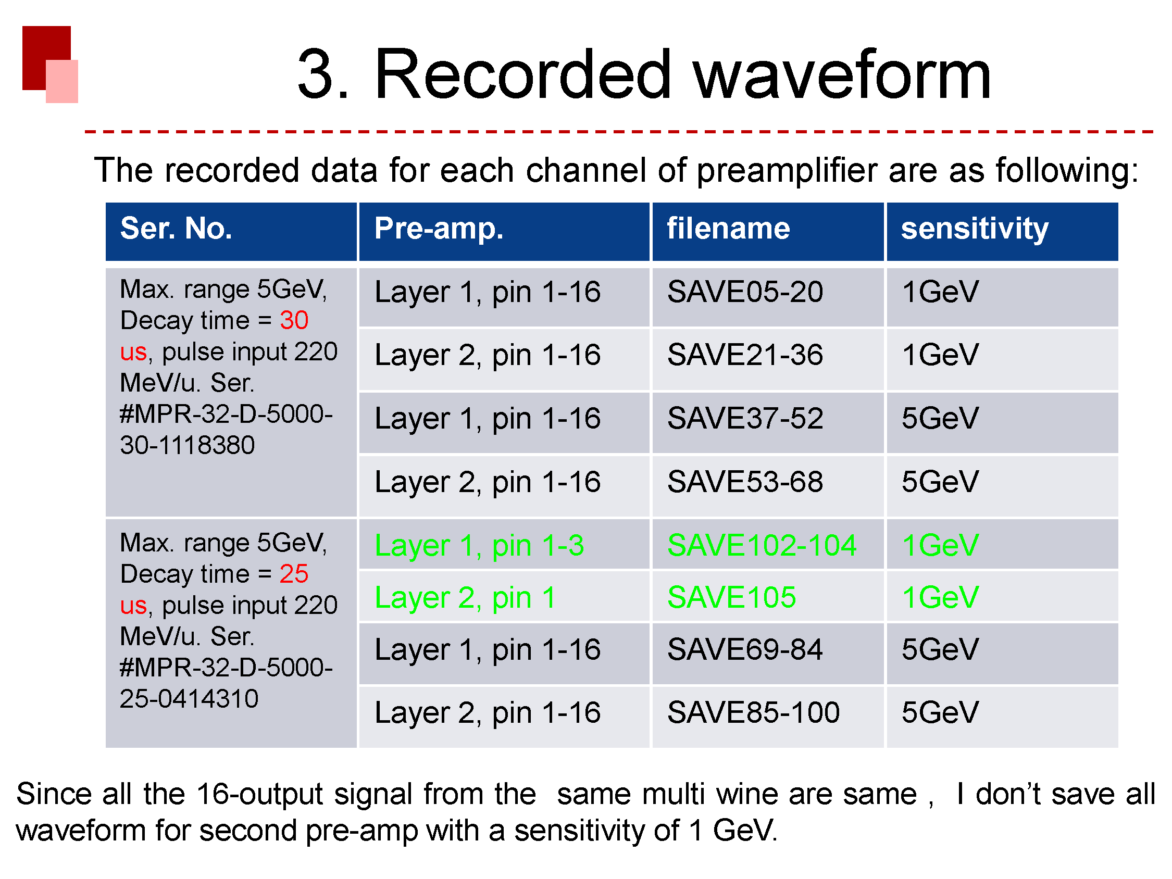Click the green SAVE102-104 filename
[x=762, y=545]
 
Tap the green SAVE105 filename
[x=732, y=597]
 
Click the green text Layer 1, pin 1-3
[x=479, y=546]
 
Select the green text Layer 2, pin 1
[x=465, y=598]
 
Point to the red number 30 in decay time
[x=294, y=320]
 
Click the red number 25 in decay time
[x=294, y=574]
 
